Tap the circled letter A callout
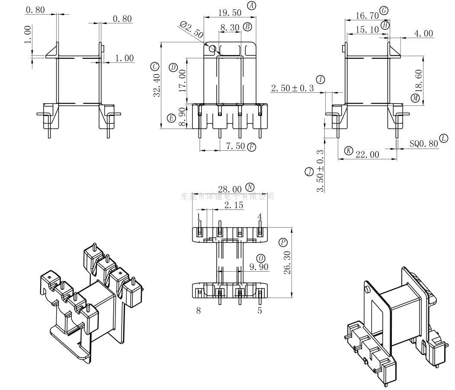click(252, 6)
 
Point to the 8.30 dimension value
click(230, 27)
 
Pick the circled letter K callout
click(349, 151)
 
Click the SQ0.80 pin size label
click(424, 143)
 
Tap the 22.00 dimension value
click(367, 155)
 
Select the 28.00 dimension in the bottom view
click(230, 189)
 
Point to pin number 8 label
click(199, 310)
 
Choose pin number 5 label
click(260, 310)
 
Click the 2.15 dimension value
click(234, 205)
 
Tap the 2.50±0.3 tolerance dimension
click(292, 88)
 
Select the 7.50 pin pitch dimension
click(235, 146)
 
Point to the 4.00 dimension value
click(423, 33)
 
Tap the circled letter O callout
click(261, 258)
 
